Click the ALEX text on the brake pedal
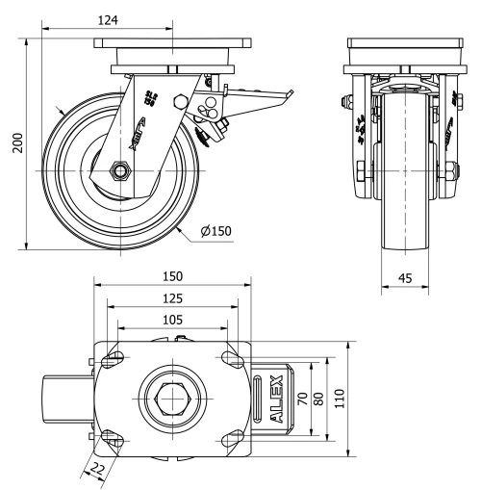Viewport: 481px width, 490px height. [276, 399]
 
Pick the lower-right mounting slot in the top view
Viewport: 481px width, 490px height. [231, 440]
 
